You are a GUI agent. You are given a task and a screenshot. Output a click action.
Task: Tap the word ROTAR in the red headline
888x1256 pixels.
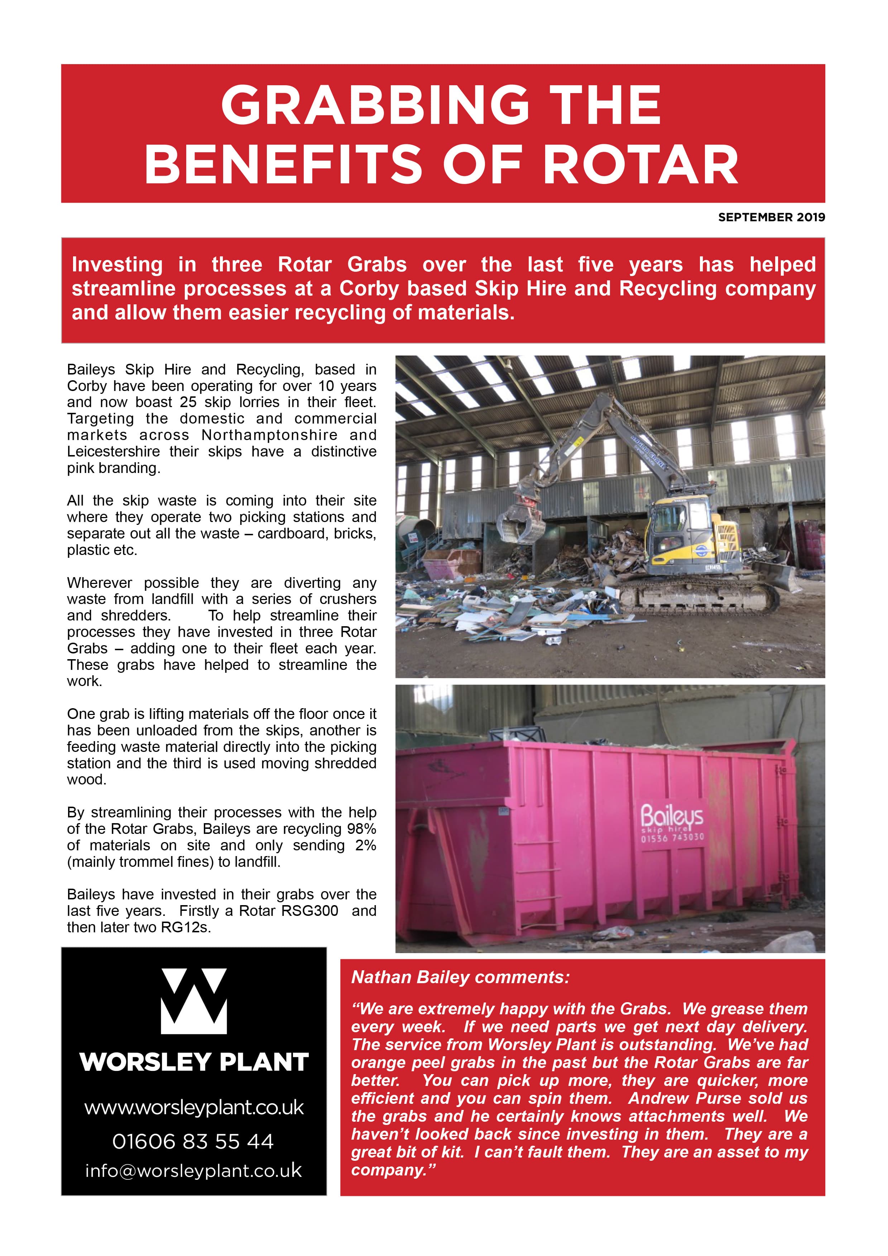[641, 165]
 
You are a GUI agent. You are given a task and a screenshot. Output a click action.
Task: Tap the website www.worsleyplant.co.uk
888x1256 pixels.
[194, 1108]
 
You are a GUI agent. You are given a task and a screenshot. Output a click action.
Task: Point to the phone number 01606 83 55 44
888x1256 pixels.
[193, 1142]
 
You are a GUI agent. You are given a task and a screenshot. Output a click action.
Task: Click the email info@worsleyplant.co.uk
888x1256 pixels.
[193, 1171]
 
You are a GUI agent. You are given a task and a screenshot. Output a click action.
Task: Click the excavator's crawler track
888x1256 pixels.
[706, 599]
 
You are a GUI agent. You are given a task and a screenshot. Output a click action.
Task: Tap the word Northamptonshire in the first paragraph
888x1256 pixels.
[269, 435]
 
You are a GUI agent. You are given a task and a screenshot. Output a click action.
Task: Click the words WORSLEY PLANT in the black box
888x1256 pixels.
[194, 1062]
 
